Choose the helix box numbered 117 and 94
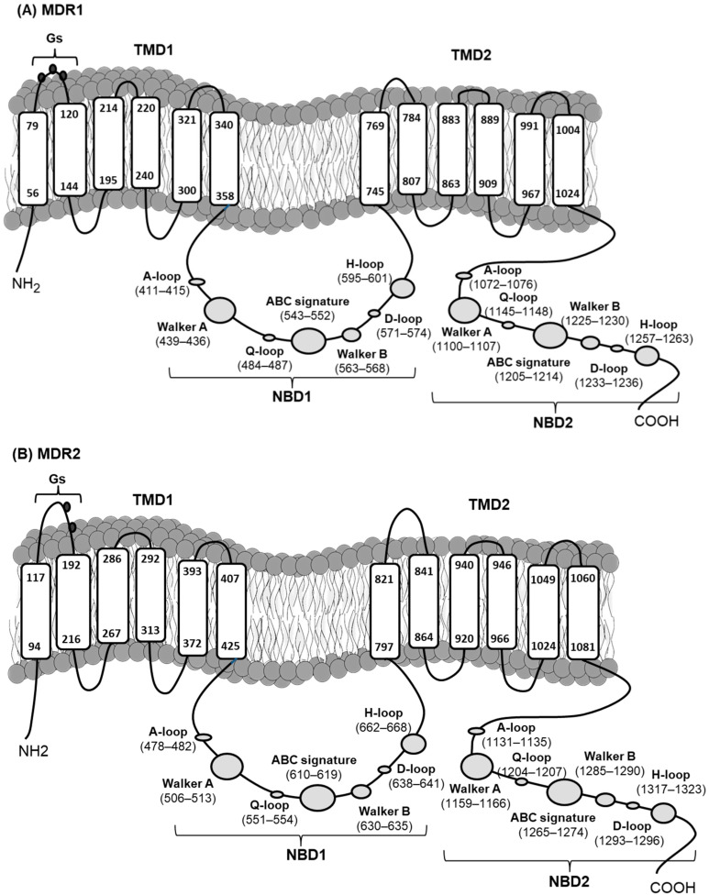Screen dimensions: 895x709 coord(35,604)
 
